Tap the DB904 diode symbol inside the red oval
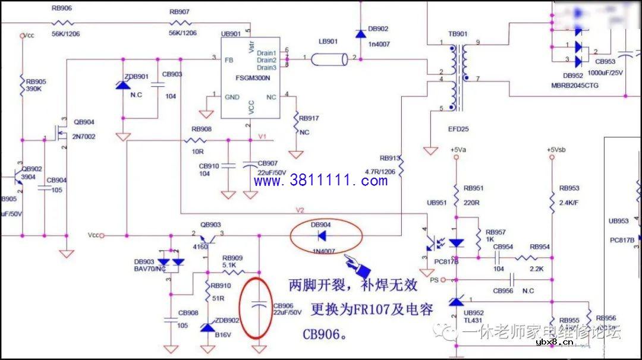tap(322, 236)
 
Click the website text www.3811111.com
tap(321, 181)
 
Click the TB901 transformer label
tap(458, 34)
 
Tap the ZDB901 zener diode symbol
tap(123, 86)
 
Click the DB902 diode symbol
tap(360, 33)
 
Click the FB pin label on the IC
tap(228, 60)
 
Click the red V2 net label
tap(300, 210)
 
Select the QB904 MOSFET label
tap(84, 122)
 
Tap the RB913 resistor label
tap(389, 159)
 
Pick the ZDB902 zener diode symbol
tap(207, 327)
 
